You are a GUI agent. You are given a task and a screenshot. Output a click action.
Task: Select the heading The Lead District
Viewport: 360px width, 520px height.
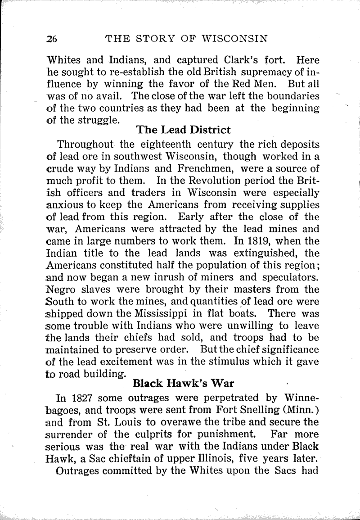pos(183,130)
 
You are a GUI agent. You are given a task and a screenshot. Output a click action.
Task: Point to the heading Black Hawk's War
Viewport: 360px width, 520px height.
pos(184,384)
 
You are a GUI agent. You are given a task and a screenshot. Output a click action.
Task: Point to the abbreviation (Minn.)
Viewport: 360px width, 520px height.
pos(301,410)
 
